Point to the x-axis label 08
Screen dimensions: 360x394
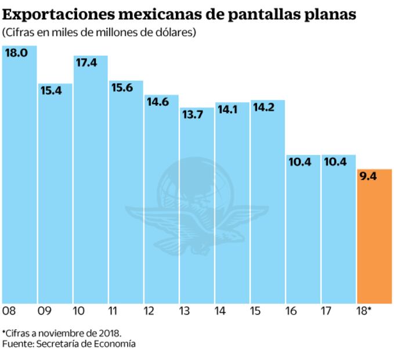click(9, 311)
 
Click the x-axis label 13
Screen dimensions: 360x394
click(186, 311)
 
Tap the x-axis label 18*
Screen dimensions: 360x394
click(364, 311)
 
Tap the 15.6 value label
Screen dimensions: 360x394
click(121, 87)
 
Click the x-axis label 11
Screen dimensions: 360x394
click(115, 311)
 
